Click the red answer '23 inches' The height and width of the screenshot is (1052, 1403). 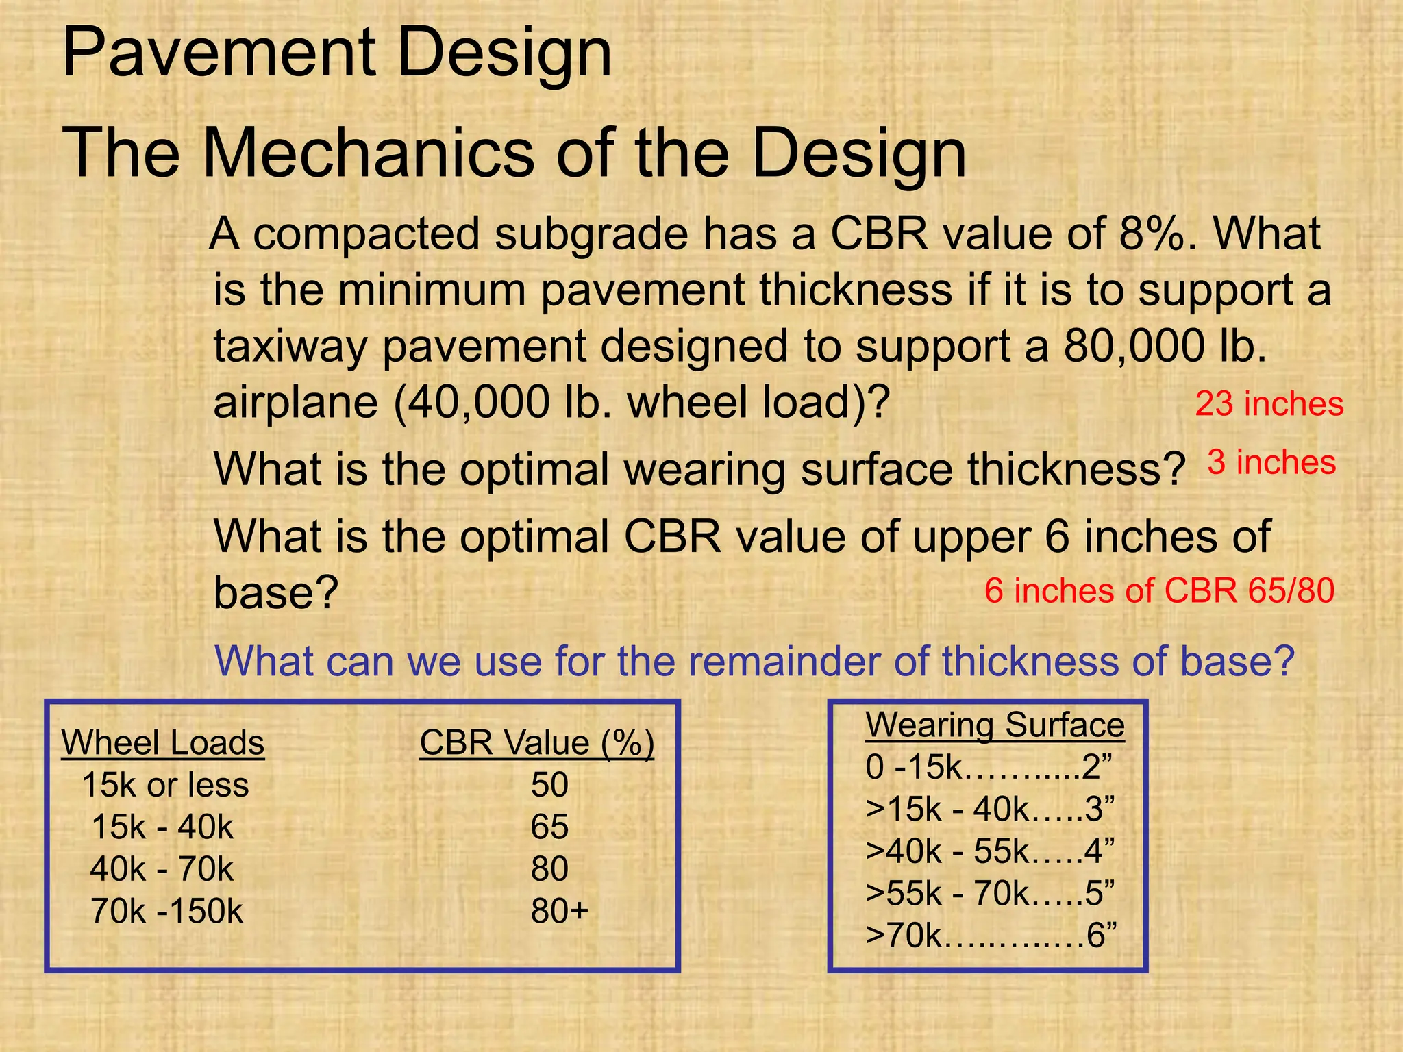click(x=1269, y=403)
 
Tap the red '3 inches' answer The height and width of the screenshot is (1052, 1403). click(x=1271, y=462)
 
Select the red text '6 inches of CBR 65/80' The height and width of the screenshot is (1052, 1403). click(x=1159, y=590)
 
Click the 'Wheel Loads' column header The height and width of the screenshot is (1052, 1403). click(x=163, y=742)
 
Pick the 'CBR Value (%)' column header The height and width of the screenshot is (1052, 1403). click(x=537, y=742)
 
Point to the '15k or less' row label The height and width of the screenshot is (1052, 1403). click(x=165, y=785)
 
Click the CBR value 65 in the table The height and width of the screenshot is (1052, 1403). click(x=549, y=827)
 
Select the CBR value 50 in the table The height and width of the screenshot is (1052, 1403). click(x=549, y=785)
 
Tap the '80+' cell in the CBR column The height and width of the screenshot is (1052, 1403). click(x=559, y=912)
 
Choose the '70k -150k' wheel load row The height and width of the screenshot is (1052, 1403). click(x=166, y=912)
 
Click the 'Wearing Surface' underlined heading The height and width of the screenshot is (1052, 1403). click(x=995, y=725)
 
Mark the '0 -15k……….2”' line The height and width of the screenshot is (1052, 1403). click(x=989, y=767)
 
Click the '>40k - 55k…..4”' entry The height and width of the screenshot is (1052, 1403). click(x=990, y=851)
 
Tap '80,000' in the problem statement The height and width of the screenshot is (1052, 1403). click(x=1134, y=346)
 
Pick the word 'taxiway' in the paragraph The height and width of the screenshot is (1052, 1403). click(x=290, y=347)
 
